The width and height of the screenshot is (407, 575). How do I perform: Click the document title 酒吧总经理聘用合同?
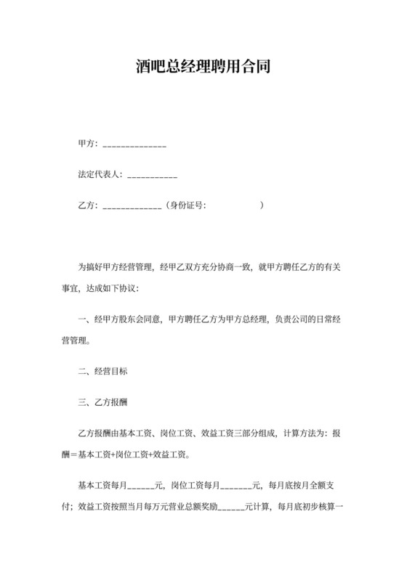point(203,68)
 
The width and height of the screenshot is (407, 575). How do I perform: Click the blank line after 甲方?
point(134,145)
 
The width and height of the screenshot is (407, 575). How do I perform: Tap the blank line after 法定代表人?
point(153,176)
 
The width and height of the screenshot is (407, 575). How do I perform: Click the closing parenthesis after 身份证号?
point(262,205)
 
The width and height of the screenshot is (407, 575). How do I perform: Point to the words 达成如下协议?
point(122,288)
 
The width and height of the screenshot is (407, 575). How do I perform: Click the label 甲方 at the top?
point(86,144)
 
